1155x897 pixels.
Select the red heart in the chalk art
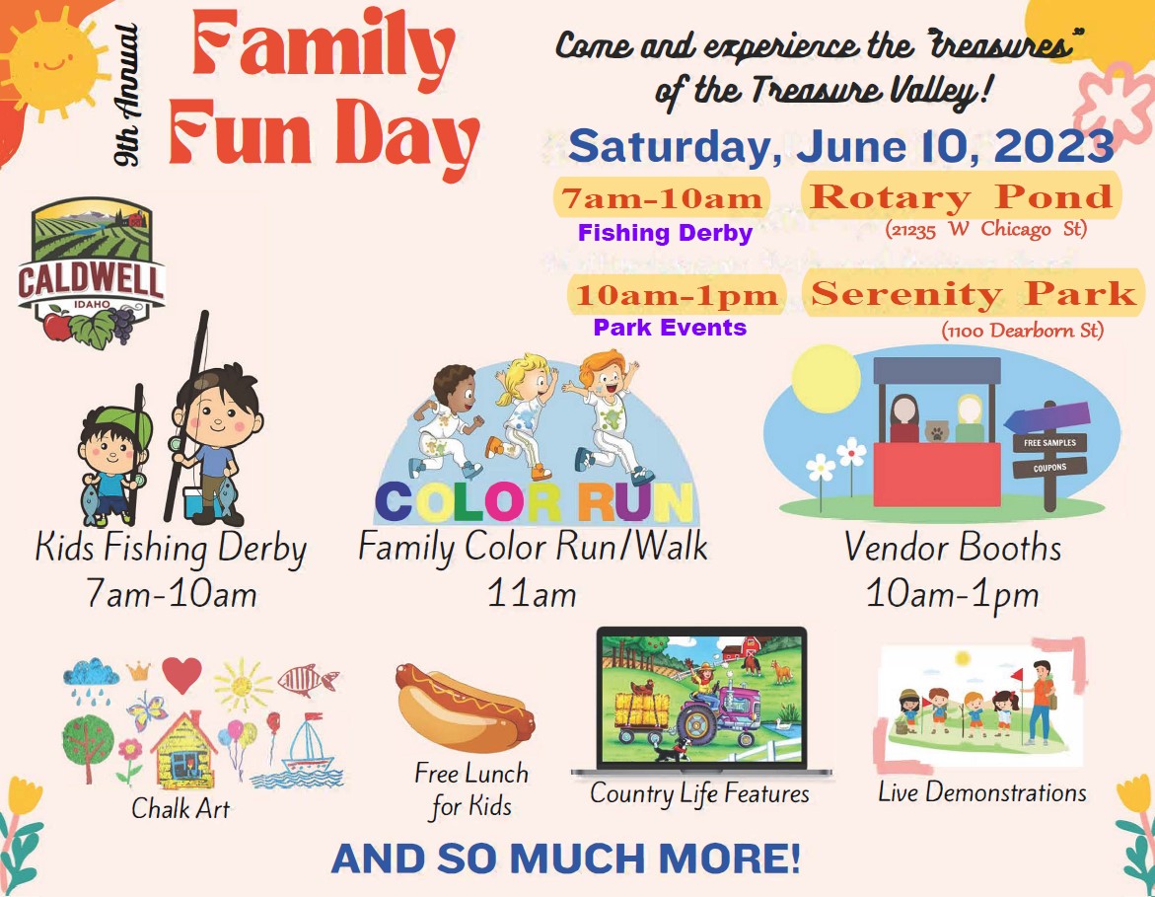181,675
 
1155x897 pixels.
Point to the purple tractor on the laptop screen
717,710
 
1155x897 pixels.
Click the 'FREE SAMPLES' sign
1049,443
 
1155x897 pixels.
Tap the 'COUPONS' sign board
1049,468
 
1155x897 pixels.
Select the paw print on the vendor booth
936,430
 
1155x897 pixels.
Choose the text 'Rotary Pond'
962,196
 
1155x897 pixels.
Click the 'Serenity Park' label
974,294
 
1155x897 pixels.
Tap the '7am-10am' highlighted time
662,198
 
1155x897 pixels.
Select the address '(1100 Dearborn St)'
1023,331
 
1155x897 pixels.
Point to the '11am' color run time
532,593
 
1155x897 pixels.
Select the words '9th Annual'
126,95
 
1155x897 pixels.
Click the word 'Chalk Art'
180,808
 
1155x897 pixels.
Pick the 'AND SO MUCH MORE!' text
566,858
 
